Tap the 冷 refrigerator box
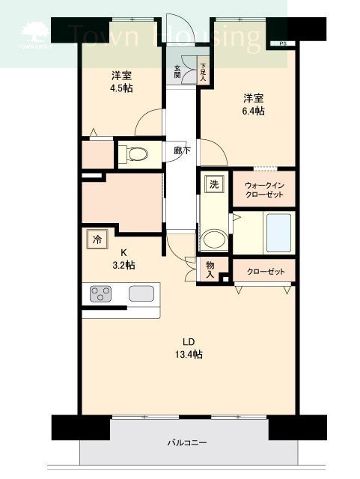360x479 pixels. [x=97, y=239]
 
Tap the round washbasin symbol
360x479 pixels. [x=213, y=239]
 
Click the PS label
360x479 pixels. [x=282, y=44]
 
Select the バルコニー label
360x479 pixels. [x=186, y=442]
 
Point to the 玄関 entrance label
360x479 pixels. [x=177, y=71]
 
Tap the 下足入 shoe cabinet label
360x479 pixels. [x=203, y=71]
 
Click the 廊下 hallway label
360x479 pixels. [x=182, y=150]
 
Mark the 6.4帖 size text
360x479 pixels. [x=252, y=111]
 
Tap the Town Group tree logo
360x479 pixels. [x=35, y=34]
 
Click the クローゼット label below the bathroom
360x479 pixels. [x=264, y=271]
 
